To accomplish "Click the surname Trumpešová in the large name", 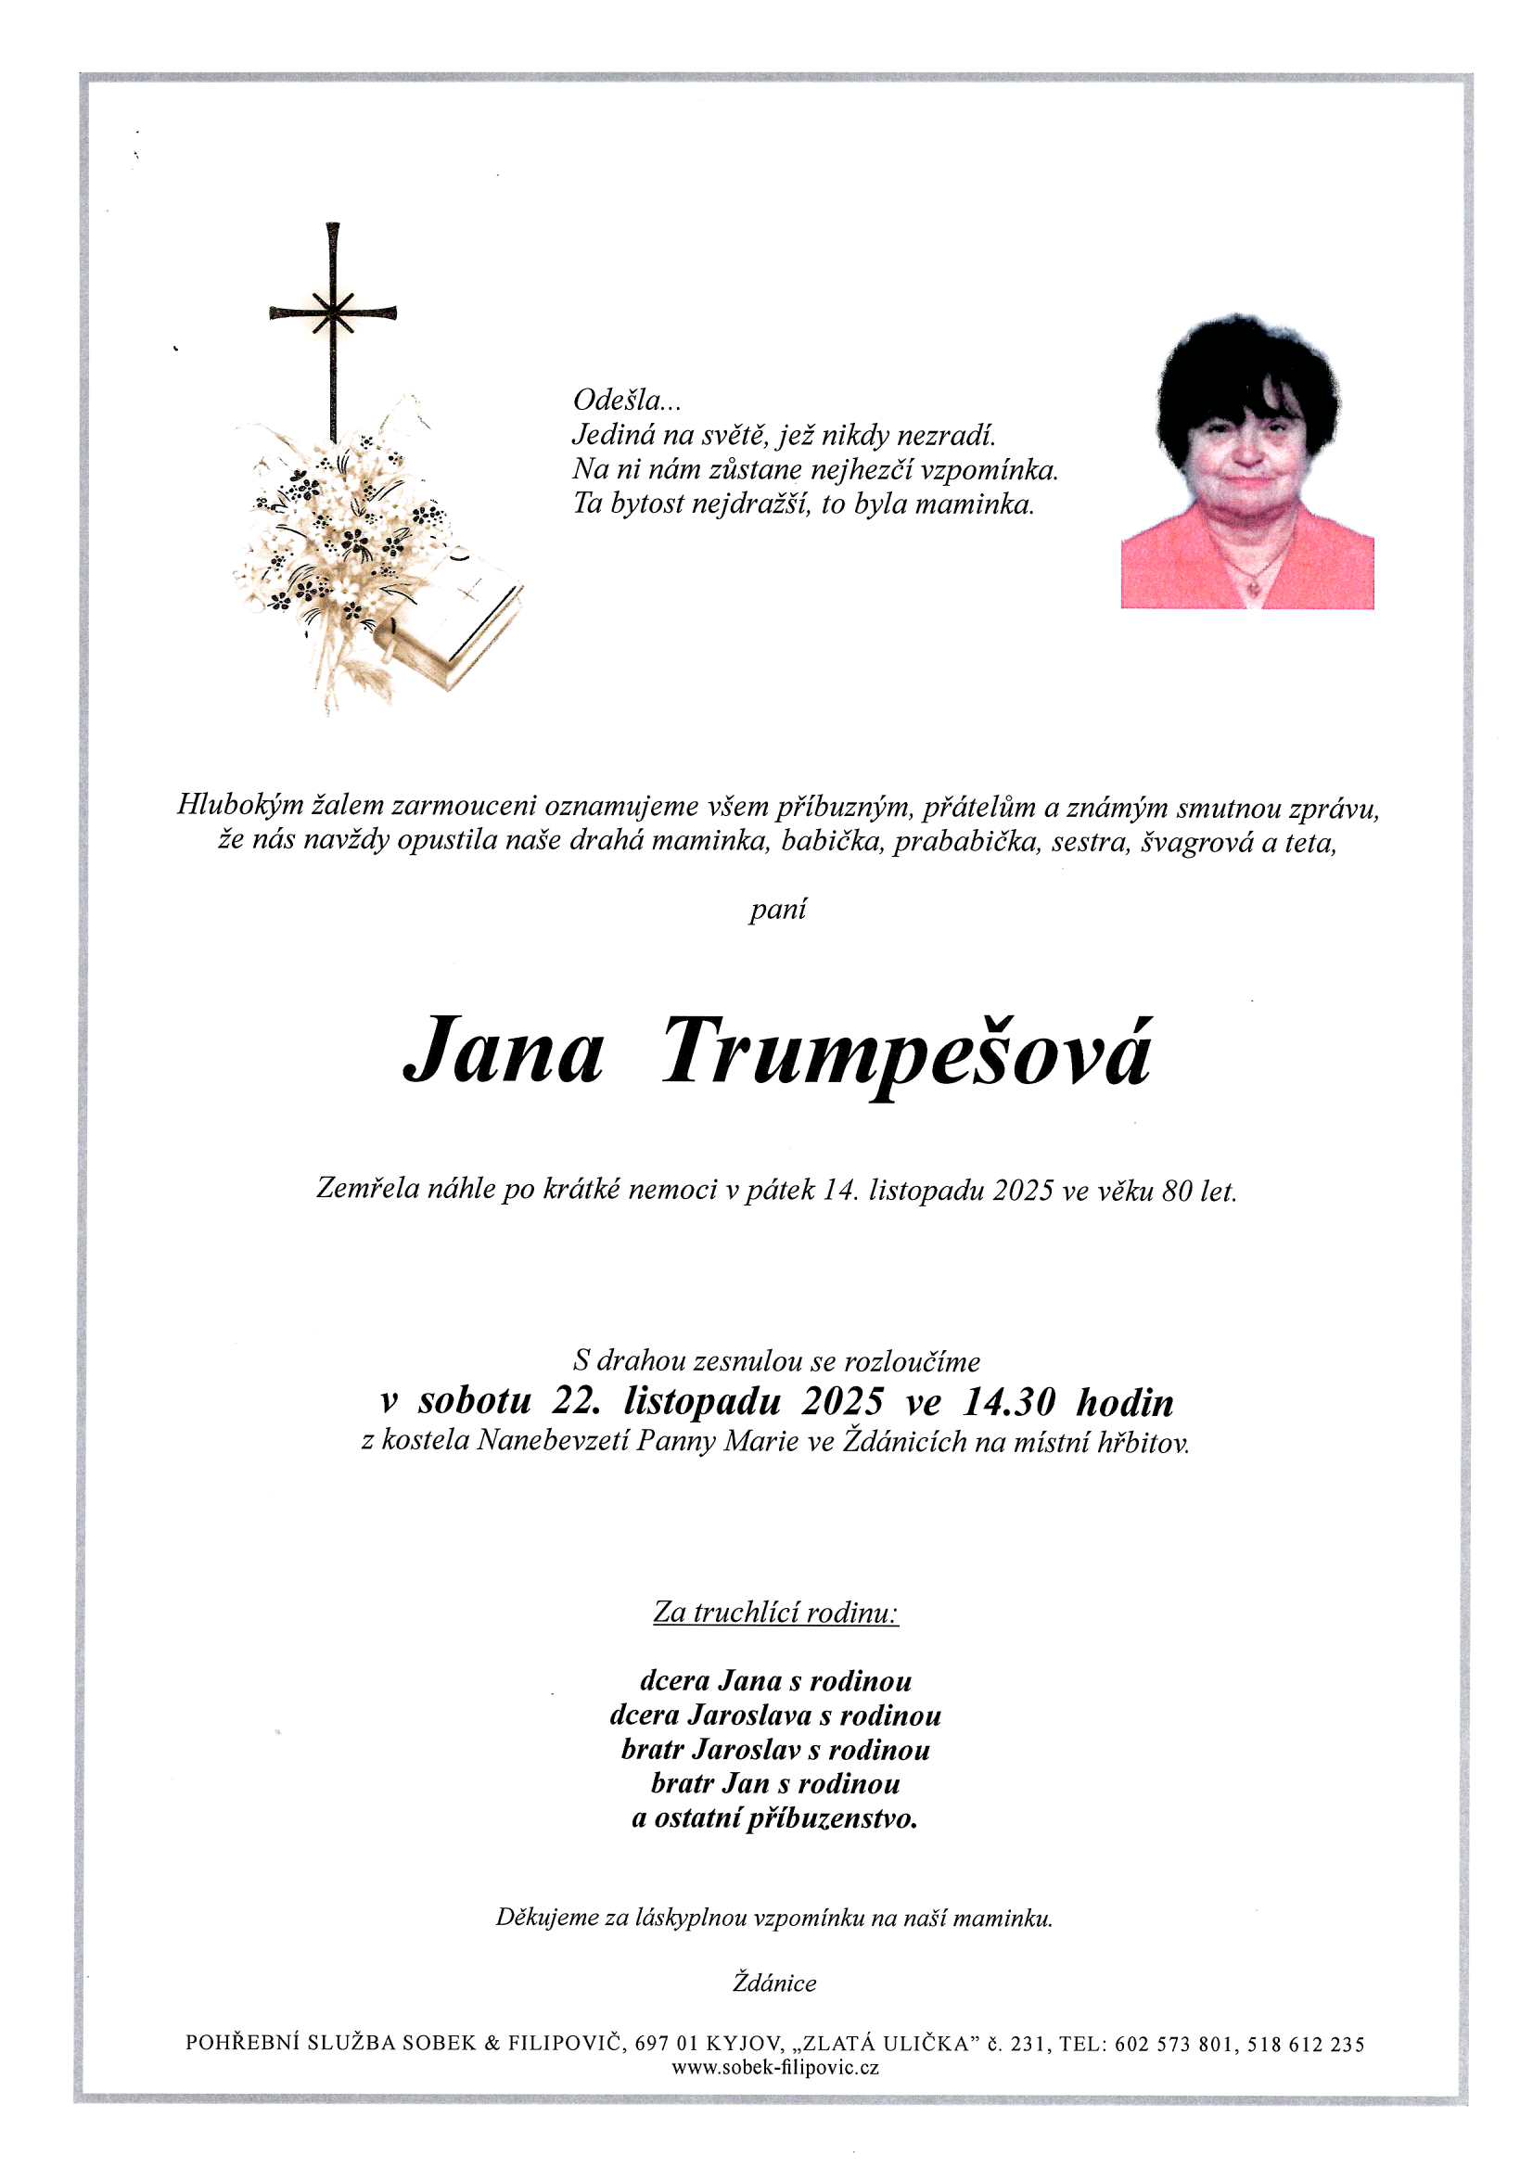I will pyautogui.click(x=906, y=1052).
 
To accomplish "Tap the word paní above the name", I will pyautogui.click(x=777, y=910).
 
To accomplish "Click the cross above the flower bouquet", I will pyautogui.click(x=333, y=314).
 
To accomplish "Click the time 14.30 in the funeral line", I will pyautogui.click(x=1008, y=1403).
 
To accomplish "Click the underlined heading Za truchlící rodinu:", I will pyautogui.click(x=775, y=1612).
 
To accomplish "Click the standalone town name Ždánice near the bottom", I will pyautogui.click(x=774, y=1983).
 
